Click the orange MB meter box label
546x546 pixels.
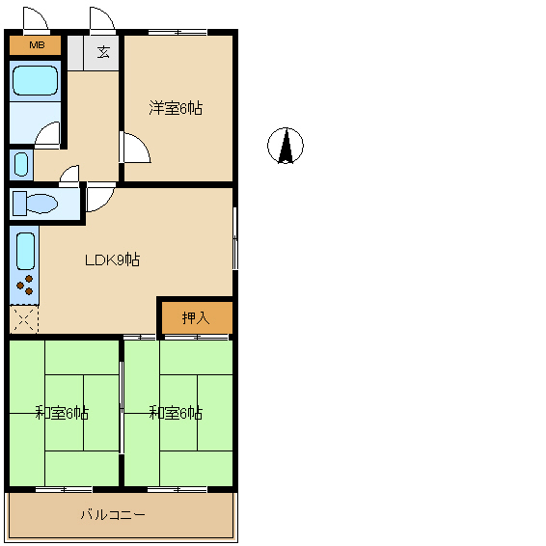tap(36, 45)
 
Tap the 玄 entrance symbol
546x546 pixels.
tap(102, 51)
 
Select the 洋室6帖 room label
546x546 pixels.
tap(176, 108)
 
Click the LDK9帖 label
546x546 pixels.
tap(113, 259)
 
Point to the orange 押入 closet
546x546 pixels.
tap(195, 316)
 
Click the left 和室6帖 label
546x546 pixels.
tap(63, 413)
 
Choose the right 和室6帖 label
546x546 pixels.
tap(176, 413)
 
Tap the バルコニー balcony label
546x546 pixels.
tap(113, 515)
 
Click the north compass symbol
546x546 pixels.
tap(285, 147)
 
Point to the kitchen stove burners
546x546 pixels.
tap(25, 286)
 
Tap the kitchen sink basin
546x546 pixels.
tap(25, 250)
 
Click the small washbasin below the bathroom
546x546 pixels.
tap(20, 164)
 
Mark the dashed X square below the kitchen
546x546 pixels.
tap(24, 319)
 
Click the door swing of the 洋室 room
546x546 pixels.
tap(134, 149)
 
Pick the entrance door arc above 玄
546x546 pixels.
tap(101, 19)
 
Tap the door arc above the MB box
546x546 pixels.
tap(35, 19)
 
